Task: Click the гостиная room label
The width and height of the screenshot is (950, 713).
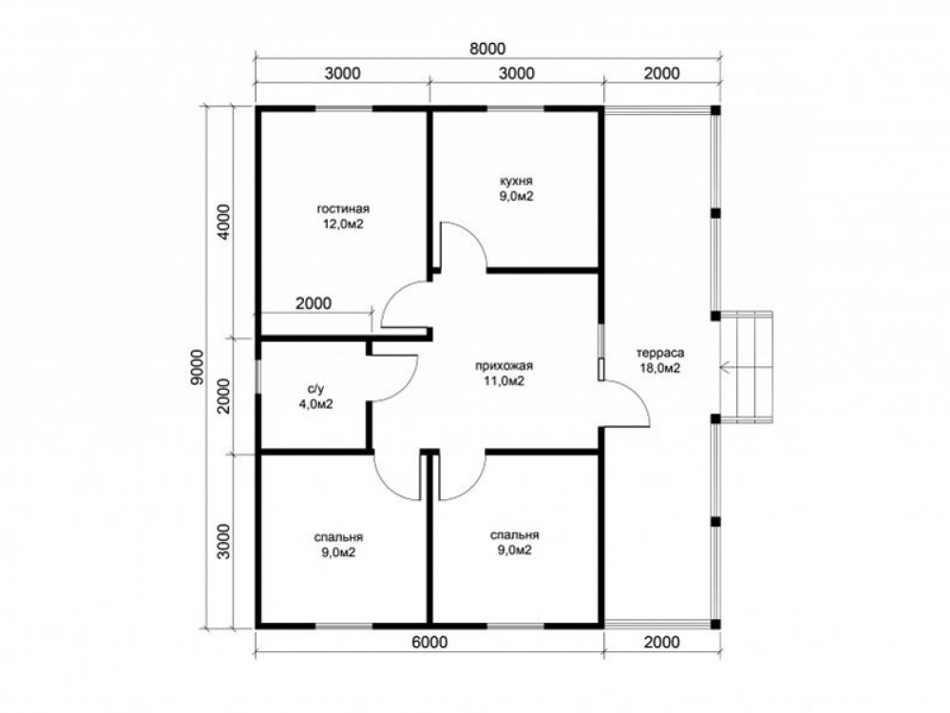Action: coord(343,209)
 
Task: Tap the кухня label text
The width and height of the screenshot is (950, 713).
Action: coord(516,182)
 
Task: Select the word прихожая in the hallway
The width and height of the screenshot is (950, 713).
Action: coord(503,366)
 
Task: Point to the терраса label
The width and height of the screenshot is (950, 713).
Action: coord(660,353)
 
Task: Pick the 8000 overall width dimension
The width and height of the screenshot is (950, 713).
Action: coord(487,48)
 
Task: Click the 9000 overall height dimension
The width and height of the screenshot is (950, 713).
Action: coord(196,367)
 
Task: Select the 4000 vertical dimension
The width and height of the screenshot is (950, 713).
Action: coord(224,222)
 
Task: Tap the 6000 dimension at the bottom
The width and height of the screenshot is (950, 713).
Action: coord(429,642)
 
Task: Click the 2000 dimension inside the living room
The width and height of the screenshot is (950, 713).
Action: coord(313,303)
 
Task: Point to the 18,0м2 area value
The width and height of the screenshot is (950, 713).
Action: coord(660,369)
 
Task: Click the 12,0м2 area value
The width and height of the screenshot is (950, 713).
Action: coord(343,224)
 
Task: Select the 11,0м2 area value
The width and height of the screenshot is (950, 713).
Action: coord(503,381)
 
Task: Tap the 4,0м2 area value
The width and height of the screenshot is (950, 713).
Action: coord(316,404)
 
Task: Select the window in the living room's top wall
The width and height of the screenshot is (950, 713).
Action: coord(344,109)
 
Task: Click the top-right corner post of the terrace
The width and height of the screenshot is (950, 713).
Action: coord(715,109)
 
